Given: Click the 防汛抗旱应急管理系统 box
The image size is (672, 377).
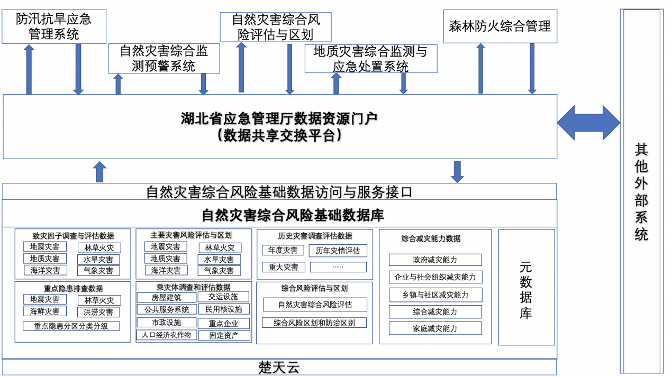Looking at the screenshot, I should point(54,26).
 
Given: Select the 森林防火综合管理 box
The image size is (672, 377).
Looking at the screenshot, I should point(500,26).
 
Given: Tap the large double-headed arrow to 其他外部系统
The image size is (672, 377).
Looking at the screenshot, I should point(588,123).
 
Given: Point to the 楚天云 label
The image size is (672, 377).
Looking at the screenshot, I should point(279,367).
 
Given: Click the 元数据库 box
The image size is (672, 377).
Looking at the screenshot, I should point(526,287).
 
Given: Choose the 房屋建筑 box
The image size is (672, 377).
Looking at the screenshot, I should point(166,298).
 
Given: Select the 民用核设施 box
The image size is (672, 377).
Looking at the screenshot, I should point(224,309).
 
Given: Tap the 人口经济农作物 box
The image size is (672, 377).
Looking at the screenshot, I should point(167,335).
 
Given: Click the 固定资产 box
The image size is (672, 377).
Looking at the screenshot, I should point(224,335).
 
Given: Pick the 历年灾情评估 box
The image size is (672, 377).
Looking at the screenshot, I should point(338,251).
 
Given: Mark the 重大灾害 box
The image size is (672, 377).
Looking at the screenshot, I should point(283,267).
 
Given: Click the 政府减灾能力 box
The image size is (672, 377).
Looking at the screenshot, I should point(435,260).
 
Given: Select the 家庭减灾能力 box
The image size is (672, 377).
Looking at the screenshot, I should point(435,328).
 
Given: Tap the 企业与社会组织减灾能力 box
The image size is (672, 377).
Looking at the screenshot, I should point(435,277).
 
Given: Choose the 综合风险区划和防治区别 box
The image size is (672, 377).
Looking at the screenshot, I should point(314,323).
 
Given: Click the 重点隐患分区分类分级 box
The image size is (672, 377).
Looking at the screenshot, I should point(71,326).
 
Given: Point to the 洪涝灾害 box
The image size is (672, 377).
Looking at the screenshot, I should point(98,312).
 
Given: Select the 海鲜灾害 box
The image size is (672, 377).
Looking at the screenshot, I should point(45,311).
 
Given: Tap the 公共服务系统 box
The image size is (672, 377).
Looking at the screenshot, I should point(167,309).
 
